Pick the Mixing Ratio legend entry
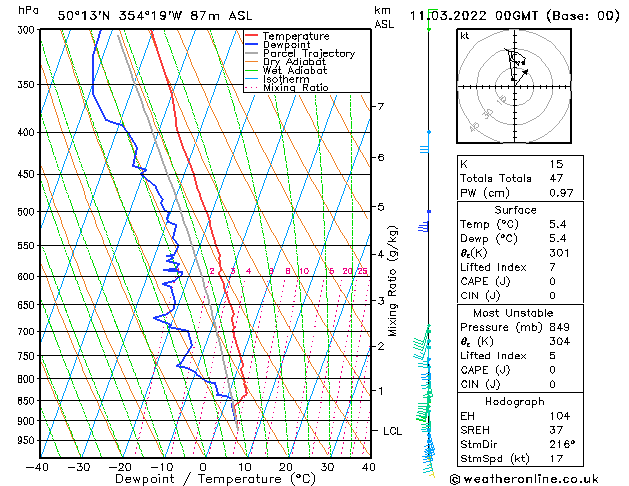click(x=295, y=88)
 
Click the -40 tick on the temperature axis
click(x=38, y=466)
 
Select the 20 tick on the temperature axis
click(x=286, y=466)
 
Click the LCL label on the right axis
click(x=393, y=430)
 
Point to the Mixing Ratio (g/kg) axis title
click(x=394, y=281)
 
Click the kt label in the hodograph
click(x=465, y=36)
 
